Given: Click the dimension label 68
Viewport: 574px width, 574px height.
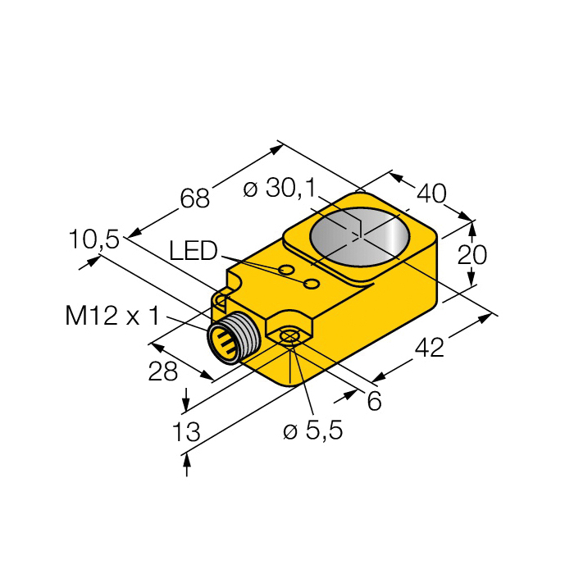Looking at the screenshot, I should (x=194, y=198).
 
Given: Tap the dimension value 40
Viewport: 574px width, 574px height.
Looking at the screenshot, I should (x=431, y=194).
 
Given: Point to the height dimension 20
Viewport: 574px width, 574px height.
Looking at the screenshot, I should (x=471, y=255).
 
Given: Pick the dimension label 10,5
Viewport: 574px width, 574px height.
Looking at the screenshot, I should (x=93, y=239).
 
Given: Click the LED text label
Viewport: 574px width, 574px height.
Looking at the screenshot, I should (x=193, y=251).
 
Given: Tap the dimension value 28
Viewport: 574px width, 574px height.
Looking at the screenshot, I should (x=163, y=371).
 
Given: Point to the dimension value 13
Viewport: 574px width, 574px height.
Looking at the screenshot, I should (x=188, y=433).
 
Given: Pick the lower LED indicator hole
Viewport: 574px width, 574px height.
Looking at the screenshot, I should (x=312, y=284).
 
